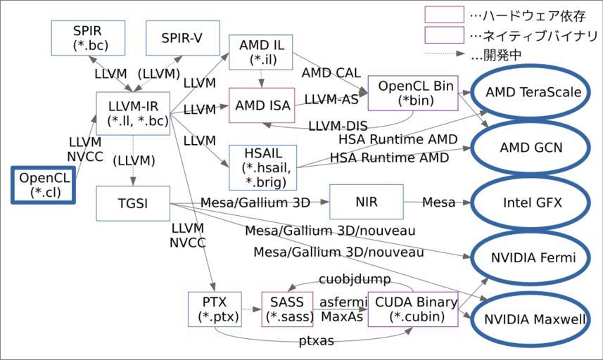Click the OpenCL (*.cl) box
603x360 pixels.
tap(42, 185)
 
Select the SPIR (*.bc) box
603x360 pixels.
tap(88, 38)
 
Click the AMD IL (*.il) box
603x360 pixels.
tap(261, 51)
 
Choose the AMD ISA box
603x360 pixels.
tap(261, 106)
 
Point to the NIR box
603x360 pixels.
tap(366, 202)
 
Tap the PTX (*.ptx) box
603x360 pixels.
tap(215, 309)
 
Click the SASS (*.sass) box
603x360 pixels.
tap(286, 309)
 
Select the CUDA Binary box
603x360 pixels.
tap(412, 309)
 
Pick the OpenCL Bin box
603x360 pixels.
tap(412, 93)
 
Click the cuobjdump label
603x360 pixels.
tap(345, 280)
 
